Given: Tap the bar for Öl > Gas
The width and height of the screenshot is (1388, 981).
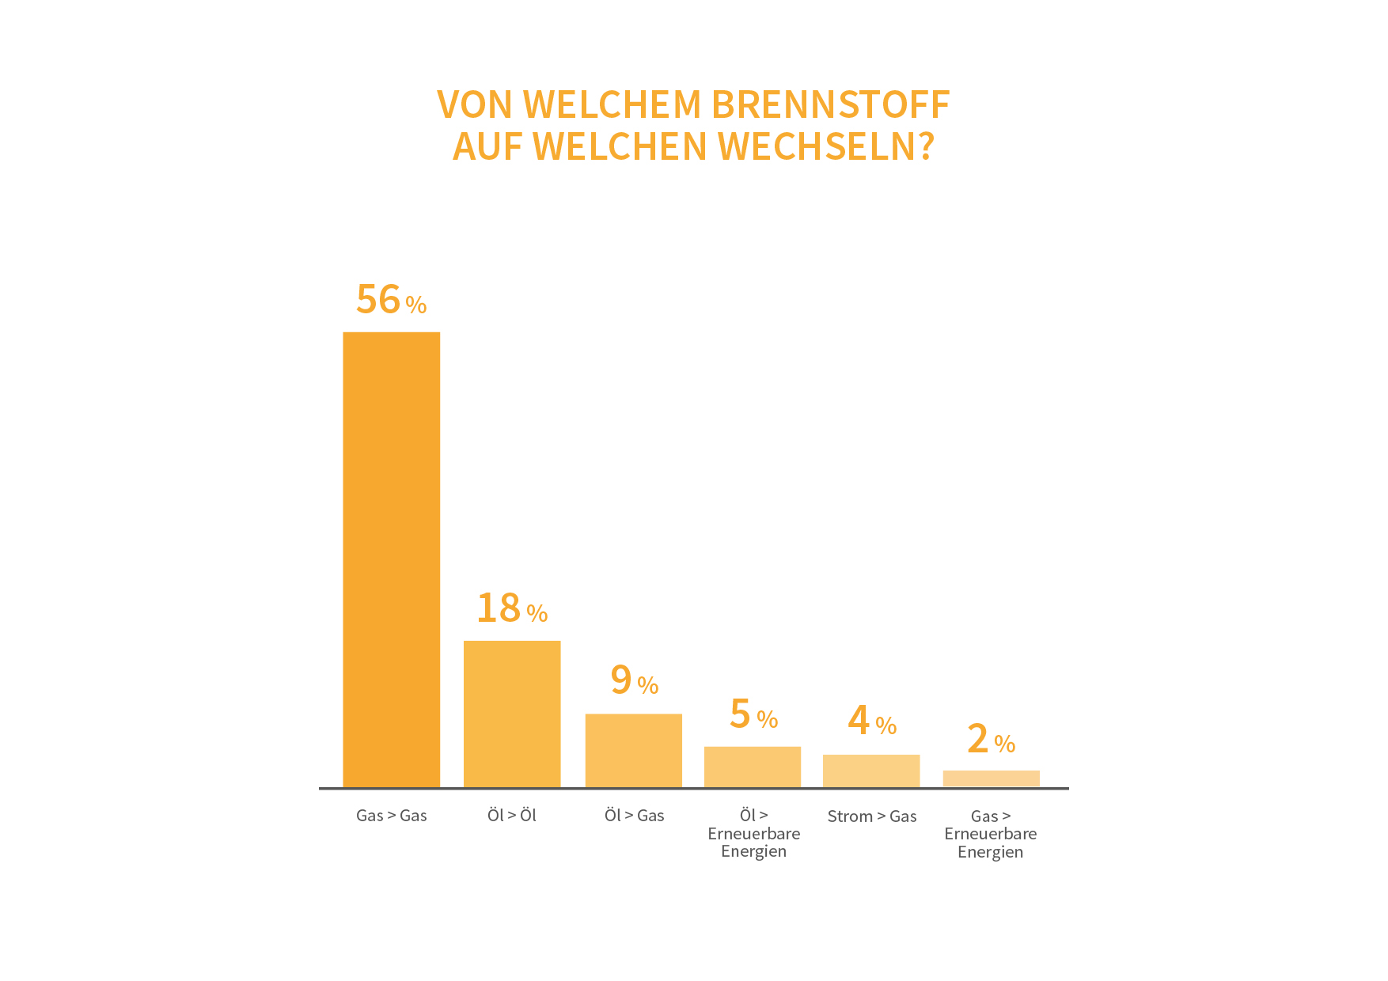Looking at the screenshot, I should pyautogui.click(x=633, y=750).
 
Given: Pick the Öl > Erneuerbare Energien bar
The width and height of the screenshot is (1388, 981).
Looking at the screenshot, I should pyautogui.click(x=753, y=767).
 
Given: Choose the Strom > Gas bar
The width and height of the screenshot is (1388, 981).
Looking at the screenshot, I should pyautogui.click(x=871, y=771).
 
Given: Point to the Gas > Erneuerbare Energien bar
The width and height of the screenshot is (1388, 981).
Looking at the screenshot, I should pyautogui.click(x=991, y=778).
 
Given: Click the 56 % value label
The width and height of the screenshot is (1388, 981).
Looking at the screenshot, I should pyautogui.click(x=391, y=300).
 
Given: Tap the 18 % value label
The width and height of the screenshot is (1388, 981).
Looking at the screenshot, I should pyautogui.click(x=512, y=608).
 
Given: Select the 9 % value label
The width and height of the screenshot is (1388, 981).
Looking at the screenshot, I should pyautogui.click(x=634, y=680).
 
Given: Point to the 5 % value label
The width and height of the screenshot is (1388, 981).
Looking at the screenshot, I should pyautogui.click(x=753, y=714).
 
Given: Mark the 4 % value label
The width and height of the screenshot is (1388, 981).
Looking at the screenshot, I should pyautogui.click(x=872, y=721).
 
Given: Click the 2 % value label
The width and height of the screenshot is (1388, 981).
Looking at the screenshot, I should pyautogui.click(x=991, y=740).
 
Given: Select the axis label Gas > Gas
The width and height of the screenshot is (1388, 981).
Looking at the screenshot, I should pyautogui.click(x=391, y=816).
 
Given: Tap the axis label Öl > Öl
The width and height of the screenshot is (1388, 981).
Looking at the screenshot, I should pyautogui.click(x=512, y=816).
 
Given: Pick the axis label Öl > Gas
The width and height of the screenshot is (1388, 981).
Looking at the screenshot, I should pyautogui.click(x=634, y=816).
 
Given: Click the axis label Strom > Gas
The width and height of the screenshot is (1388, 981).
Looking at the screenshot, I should pyautogui.click(x=872, y=816).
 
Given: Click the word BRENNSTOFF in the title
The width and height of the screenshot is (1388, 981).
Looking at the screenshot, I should pyautogui.click(x=830, y=104).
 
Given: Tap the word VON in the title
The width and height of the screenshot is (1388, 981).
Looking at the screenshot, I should pyautogui.click(x=475, y=104).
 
